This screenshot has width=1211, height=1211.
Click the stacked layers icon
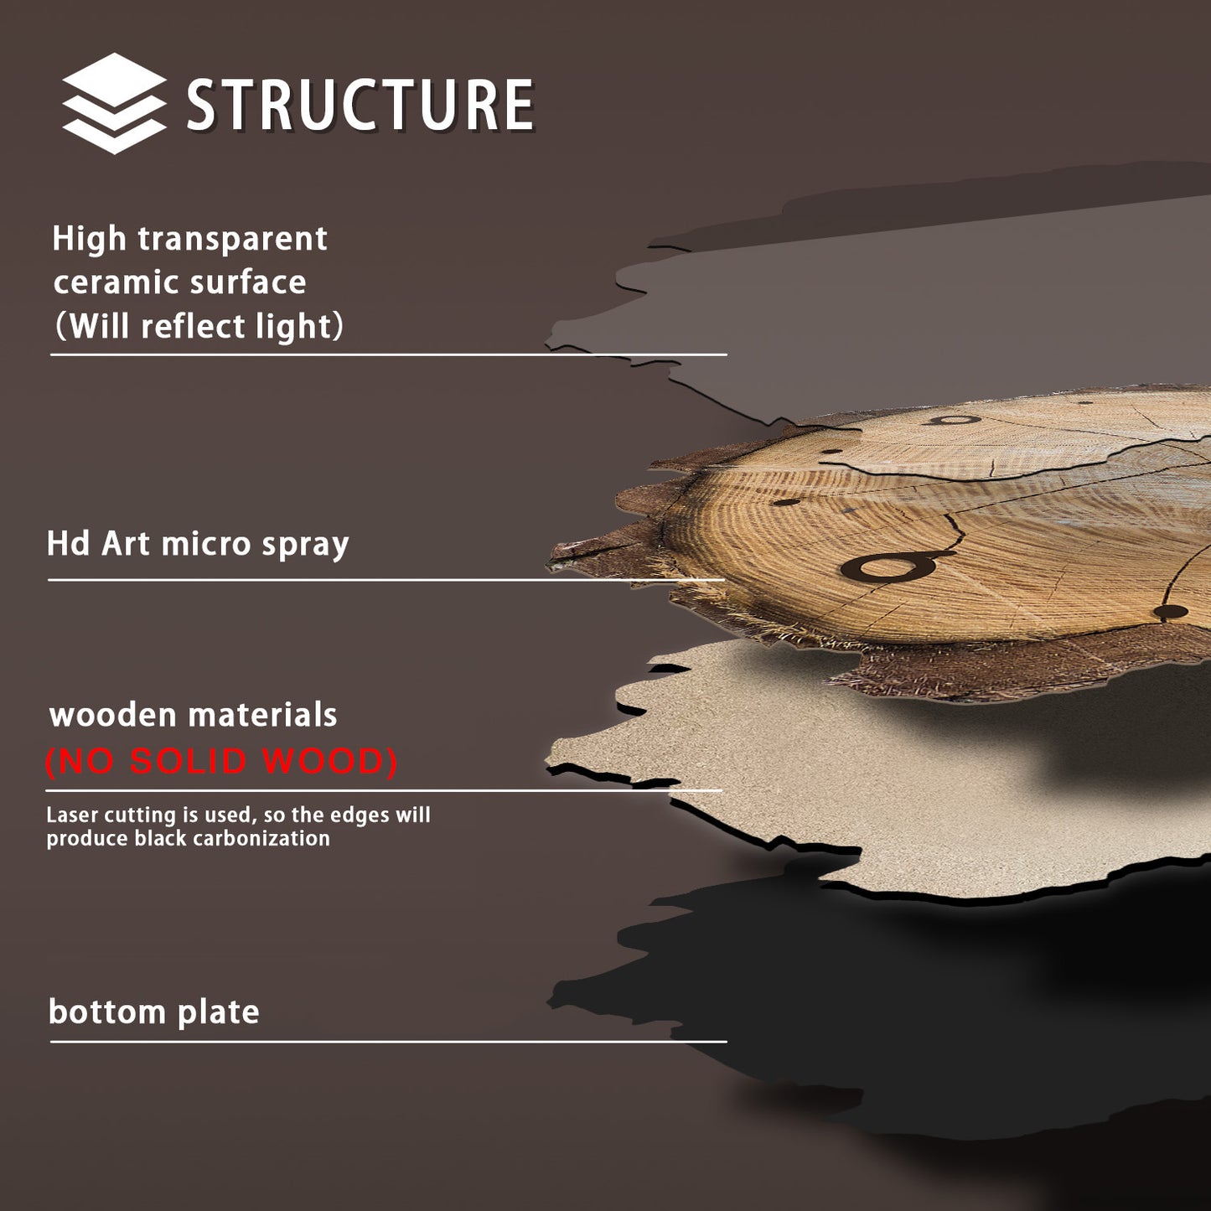(114, 103)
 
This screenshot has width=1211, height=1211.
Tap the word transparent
(232, 239)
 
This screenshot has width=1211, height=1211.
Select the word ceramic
(109, 282)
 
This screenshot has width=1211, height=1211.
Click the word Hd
(68, 544)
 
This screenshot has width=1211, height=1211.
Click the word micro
(205, 544)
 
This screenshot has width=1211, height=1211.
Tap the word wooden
(112, 716)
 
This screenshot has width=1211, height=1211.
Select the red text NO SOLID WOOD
(220, 761)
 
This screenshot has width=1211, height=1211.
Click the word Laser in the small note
(72, 815)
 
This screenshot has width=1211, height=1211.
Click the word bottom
(106, 1012)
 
